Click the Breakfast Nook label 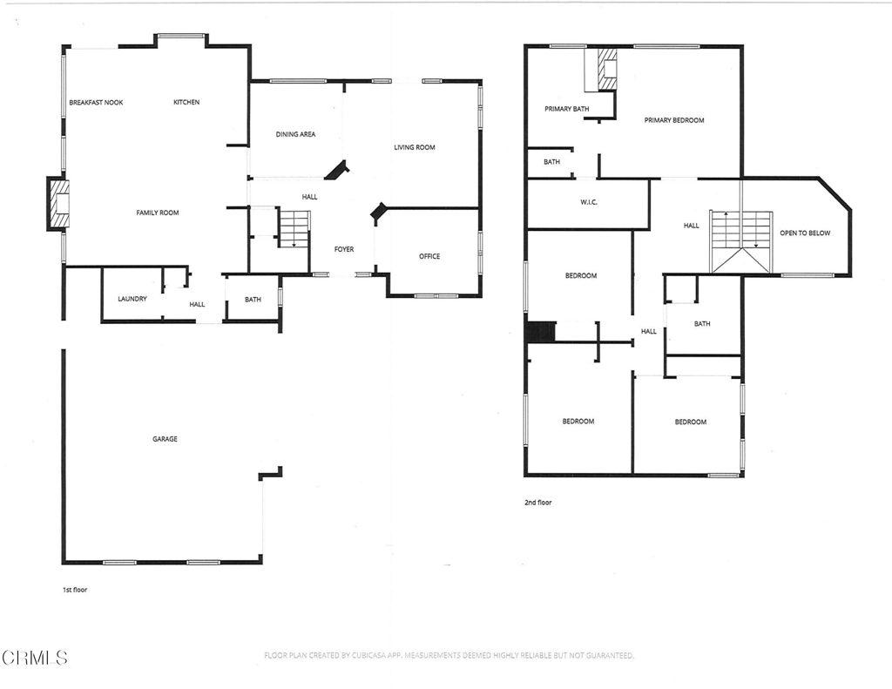96,103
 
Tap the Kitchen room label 186,103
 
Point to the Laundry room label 132,300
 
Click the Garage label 165,439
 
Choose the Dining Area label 295,135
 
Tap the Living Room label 414,148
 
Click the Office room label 429,257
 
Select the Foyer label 344,250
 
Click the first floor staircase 294,228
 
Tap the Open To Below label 805,233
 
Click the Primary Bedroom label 674,120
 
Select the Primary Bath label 567,109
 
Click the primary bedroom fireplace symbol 606,68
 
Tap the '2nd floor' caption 537,503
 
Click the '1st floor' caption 75,590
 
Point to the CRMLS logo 35,657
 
